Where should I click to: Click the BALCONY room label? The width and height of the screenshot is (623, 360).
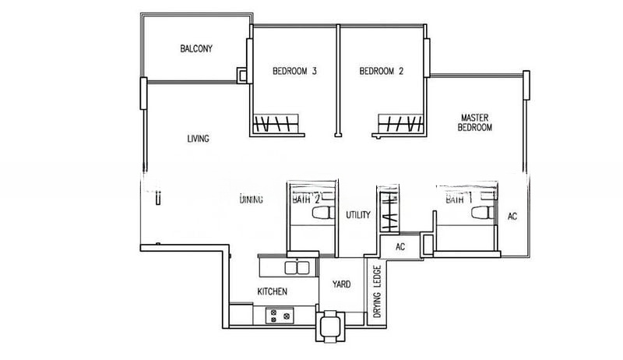click(x=196, y=48)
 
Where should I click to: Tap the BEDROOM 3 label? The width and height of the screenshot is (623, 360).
click(x=294, y=72)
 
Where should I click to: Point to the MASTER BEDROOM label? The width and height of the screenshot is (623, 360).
click(x=474, y=121)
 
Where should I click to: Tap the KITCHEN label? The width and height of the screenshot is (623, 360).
click(x=273, y=291)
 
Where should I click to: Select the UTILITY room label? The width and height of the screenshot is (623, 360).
click(x=357, y=215)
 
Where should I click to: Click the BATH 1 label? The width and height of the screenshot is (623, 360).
click(x=455, y=199)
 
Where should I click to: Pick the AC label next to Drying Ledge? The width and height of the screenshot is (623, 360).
click(x=401, y=246)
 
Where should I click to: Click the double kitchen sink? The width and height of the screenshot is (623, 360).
click(x=295, y=268)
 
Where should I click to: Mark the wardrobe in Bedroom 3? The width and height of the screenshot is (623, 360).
click(x=275, y=123)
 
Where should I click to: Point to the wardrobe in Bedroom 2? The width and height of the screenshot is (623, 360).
click(x=399, y=123)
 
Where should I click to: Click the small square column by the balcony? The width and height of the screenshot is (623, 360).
click(x=243, y=76)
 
